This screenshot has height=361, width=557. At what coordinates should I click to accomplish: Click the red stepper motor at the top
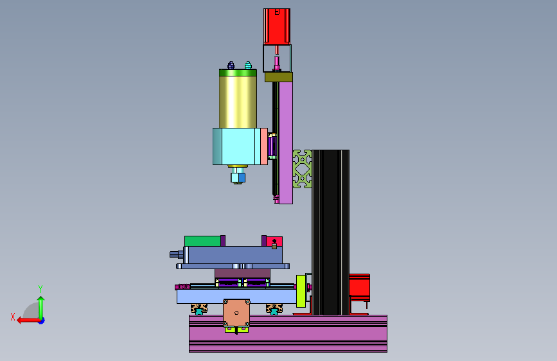(x=277, y=26)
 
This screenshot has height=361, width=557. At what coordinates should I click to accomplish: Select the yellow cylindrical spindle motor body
(x=238, y=101)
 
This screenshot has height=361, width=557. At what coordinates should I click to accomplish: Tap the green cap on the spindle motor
(x=238, y=73)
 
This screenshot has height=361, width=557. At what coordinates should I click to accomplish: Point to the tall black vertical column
(x=330, y=233)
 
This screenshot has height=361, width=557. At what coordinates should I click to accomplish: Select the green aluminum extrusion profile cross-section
(x=303, y=169)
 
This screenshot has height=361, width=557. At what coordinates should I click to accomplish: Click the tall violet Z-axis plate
(x=286, y=143)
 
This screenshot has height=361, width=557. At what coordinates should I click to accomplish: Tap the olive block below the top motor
(x=279, y=77)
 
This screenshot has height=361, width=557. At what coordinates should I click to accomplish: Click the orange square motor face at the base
(x=236, y=313)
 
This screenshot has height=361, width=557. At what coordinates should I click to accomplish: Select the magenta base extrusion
(x=288, y=333)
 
